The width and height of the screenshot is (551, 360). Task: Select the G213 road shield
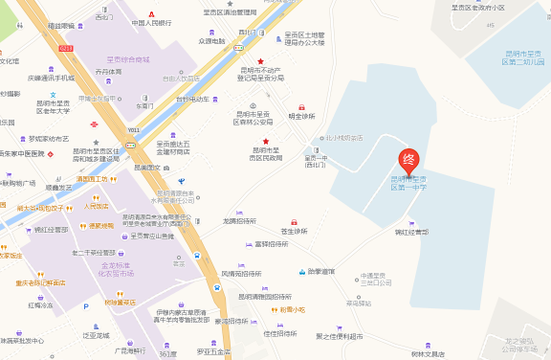(66, 47)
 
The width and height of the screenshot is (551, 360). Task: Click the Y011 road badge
(133, 130)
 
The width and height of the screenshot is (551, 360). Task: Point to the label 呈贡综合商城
(128, 59)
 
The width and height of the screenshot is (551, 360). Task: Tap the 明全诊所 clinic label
(301, 116)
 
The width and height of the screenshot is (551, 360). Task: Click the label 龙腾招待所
(239, 221)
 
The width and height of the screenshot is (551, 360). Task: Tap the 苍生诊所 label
(295, 232)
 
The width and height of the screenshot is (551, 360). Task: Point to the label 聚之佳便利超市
(340, 336)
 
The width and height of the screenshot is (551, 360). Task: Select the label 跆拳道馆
(321, 272)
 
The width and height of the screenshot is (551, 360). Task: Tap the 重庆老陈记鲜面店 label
(40, 283)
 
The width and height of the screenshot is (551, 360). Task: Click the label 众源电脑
(210, 41)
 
